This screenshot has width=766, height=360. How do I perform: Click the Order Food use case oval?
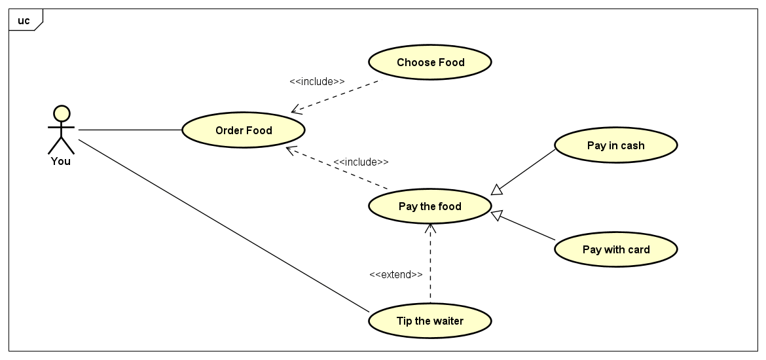click(x=244, y=130)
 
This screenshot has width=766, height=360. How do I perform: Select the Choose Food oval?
click(x=430, y=62)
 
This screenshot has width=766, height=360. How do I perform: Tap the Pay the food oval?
click(x=430, y=206)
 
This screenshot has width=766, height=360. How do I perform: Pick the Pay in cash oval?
click(x=615, y=145)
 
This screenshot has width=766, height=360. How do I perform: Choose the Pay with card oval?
click(x=615, y=249)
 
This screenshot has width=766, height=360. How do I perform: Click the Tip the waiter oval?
click(x=430, y=321)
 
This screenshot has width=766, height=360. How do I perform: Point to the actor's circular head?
click(x=61, y=113)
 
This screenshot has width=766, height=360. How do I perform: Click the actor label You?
click(x=61, y=161)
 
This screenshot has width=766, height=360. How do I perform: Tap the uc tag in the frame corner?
click(x=24, y=20)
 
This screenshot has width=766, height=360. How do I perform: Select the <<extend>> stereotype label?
click(x=395, y=275)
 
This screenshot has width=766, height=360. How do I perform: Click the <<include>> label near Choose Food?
click(x=317, y=82)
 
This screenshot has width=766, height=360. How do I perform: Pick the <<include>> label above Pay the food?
click(x=361, y=162)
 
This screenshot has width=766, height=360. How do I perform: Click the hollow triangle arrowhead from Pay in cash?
click(x=497, y=190)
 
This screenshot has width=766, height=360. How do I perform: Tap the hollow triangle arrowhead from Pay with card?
click(x=498, y=214)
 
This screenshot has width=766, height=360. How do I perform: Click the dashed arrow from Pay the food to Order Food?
click(x=337, y=169)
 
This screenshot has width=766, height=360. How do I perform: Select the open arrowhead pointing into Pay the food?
click(x=430, y=228)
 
